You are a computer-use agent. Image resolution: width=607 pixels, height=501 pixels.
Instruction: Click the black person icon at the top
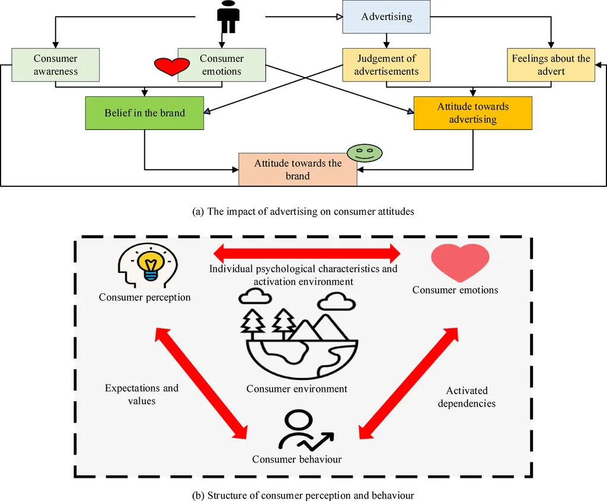228,17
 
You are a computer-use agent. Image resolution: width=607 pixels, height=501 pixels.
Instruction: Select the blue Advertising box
386,17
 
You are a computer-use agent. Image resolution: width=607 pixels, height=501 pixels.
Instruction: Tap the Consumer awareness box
55,65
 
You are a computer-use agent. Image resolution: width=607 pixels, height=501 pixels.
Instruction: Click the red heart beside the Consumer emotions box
171,66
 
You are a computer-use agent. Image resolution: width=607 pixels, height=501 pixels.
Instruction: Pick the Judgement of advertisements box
386,65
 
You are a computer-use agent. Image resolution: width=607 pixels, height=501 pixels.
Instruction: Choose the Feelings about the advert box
551,65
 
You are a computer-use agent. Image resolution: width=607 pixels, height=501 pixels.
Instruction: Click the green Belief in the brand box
145,113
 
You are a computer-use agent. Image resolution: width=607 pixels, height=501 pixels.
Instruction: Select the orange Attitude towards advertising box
472,113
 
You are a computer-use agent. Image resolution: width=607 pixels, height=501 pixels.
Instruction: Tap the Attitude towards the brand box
298,169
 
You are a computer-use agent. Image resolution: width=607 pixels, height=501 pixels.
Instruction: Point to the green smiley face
365,153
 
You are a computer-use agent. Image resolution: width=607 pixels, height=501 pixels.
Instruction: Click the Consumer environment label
296,389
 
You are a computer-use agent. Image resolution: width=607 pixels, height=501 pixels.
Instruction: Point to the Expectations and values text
142,394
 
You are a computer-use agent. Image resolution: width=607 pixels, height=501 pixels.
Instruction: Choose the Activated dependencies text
467,397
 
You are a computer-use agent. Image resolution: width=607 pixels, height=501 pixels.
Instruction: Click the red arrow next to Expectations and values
201,382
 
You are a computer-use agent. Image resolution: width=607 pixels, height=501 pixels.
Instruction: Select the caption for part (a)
303,211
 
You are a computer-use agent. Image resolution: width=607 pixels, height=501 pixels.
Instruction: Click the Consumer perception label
145,297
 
